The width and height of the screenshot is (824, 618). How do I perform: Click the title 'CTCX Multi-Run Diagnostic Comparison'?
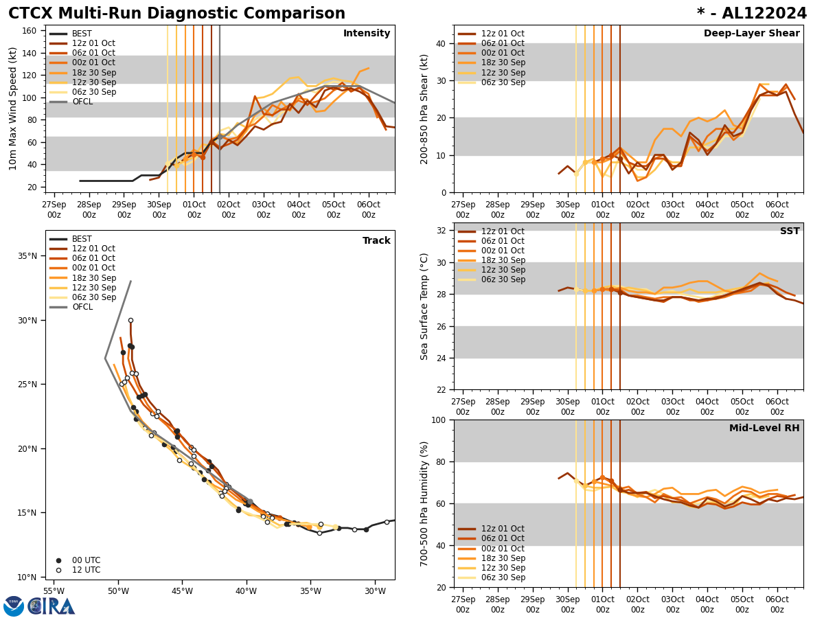coord(176,14)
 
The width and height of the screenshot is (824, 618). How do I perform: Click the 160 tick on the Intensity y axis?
coord(31,31)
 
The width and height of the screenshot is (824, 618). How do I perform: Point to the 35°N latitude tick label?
coord(28,256)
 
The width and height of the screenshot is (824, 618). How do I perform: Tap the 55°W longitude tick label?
coord(54,591)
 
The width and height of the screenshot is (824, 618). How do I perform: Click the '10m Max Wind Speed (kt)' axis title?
coord(13,108)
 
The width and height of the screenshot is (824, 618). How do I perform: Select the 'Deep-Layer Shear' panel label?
coord(751,34)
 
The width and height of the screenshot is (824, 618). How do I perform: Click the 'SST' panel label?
coord(790,231)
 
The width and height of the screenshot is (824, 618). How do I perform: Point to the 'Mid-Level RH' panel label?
coord(764,428)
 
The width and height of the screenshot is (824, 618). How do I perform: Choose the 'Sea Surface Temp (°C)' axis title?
coord(424,306)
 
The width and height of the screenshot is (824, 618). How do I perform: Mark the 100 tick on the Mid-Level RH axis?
coord(437,420)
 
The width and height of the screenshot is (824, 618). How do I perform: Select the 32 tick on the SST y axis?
coord(440,231)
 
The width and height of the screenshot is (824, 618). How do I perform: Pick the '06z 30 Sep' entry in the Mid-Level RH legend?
coord(502,577)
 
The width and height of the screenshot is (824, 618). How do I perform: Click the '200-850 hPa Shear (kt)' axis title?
coord(424,108)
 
